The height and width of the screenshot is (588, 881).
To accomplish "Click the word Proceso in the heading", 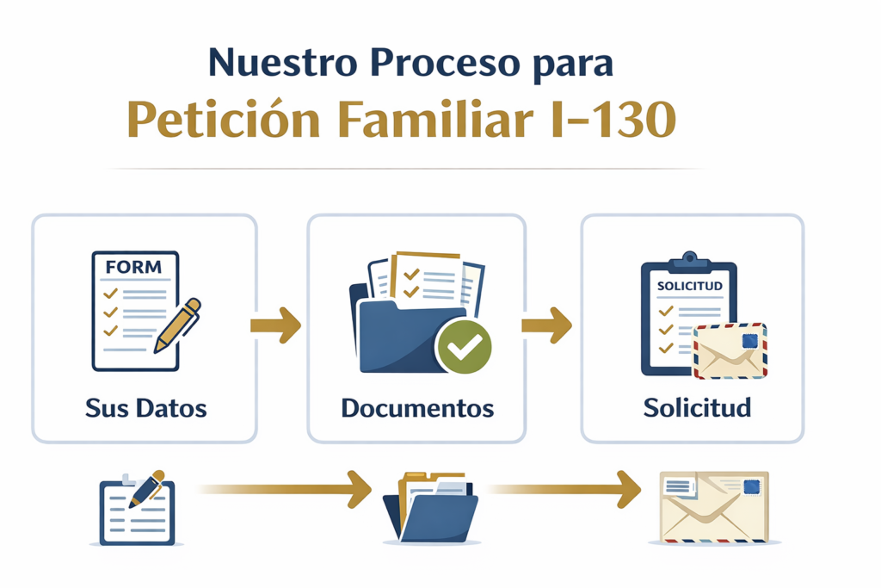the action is point(446,62).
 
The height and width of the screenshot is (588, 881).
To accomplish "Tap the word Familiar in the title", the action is point(435,119).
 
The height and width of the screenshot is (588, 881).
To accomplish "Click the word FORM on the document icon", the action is point(133,267).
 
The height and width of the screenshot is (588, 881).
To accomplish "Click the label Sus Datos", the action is point(146,408).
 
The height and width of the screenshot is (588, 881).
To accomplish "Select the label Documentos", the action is point(417,408).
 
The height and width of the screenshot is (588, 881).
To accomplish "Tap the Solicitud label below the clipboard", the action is point(697,407).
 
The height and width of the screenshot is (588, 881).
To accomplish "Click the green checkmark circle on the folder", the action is point(464,347).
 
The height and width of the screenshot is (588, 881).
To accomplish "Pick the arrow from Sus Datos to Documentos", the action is point(276,325).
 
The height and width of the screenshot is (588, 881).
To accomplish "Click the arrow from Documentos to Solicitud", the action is point(546,325).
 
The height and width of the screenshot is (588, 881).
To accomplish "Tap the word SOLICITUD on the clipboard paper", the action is point(689,286).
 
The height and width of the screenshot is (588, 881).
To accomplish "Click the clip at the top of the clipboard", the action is point(689,260).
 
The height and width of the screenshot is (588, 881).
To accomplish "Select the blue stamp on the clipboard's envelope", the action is point(749,341).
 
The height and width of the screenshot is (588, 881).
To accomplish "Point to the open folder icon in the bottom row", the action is point(431,508).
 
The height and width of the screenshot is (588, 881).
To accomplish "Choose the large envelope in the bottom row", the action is point(714,507).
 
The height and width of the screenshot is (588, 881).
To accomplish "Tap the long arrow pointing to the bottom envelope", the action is point(564,489).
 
